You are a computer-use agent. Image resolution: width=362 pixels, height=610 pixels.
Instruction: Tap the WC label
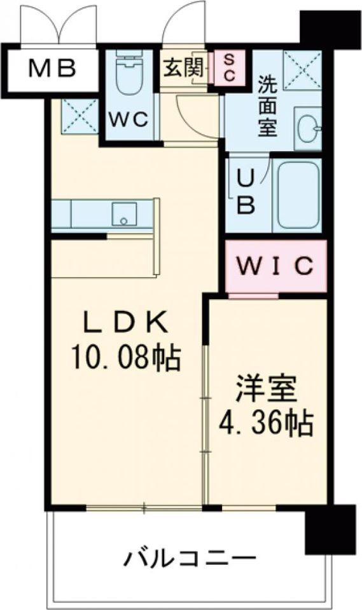click(x=131, y=119)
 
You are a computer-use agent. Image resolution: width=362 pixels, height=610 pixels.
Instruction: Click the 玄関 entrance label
click(x=184, y=68)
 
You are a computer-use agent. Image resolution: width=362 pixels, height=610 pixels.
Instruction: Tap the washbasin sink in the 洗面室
click(x=308, y=126)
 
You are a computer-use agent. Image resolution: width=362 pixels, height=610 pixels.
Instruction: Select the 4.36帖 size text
click(x=266, y=422)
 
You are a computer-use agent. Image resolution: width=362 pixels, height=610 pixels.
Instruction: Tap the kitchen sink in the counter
click(x=123, y=213)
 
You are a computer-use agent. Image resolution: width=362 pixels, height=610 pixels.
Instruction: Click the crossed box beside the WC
click(x=80, y=116)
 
